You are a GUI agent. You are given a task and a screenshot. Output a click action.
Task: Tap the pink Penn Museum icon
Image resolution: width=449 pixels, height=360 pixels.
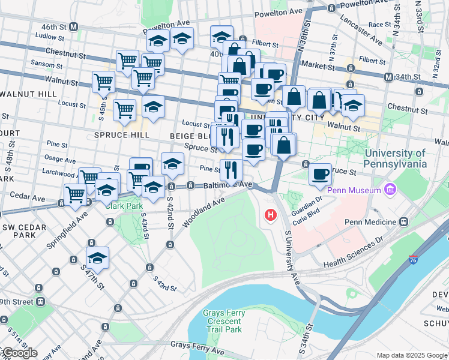pos(390,190)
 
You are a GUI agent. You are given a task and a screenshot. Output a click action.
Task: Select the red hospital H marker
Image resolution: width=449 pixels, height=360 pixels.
pos(271,214)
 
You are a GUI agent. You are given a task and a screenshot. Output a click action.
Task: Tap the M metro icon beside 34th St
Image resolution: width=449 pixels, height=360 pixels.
pos(388,77)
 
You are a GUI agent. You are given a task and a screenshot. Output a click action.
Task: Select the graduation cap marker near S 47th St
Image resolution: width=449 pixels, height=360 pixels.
pos(97,259)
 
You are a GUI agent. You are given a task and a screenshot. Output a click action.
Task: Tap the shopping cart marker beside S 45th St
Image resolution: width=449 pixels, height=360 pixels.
pos(104,81)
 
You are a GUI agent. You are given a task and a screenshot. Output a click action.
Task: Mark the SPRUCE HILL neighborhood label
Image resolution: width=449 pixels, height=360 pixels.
pos(122,135)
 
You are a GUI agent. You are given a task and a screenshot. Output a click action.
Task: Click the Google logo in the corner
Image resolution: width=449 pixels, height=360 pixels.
pos(19,353)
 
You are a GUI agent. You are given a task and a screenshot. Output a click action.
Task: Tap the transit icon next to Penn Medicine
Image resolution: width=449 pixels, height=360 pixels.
pos(403,221)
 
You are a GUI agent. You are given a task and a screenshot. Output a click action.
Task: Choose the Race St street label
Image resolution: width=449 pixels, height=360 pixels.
pos(379,25)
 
